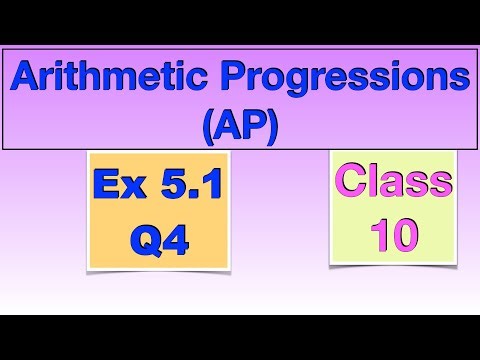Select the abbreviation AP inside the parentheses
(x=240, y=125)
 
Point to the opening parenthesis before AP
(x=208, y=126)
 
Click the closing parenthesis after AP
(x=272, y=126)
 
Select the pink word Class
(x=392, y=183)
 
